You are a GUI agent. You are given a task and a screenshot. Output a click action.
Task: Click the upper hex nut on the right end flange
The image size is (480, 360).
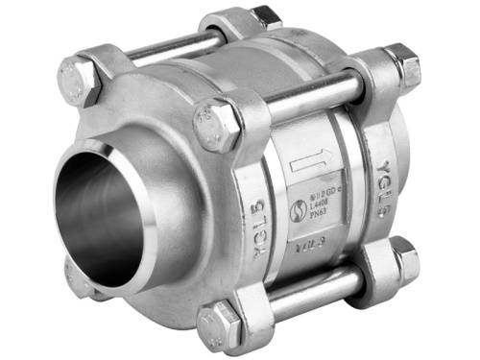pyautogui.click(x=401, y=64)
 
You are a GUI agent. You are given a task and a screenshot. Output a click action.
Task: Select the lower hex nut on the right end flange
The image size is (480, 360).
pyautogui.click(x=402, y=259)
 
